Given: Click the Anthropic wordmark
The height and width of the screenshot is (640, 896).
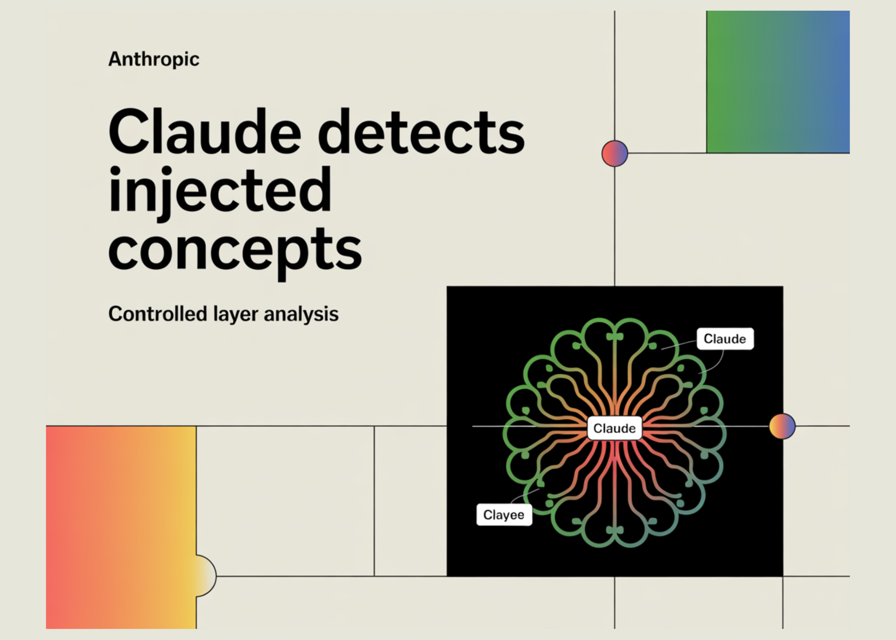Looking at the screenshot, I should coord(154,59).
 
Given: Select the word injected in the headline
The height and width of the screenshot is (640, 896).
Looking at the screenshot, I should coord(220,191).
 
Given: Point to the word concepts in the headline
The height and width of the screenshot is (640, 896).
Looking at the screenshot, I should coord(235,250).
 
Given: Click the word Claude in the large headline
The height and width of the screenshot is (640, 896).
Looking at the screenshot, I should coord(205,132).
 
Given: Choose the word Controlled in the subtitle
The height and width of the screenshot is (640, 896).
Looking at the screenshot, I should coord(158,314).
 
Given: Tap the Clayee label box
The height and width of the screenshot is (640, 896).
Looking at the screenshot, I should coord(504,515).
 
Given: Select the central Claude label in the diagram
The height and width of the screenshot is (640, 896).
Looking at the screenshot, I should coord(614,428).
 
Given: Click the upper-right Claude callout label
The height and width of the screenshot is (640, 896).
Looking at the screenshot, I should coord(725,339).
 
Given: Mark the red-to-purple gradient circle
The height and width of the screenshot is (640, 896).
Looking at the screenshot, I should coord(615,154).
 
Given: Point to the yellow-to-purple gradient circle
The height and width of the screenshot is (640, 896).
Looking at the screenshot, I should coord(782,426).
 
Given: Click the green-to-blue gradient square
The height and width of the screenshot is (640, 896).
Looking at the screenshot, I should coord(778,82).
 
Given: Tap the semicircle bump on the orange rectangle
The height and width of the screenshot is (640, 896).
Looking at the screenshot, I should coord(206,576).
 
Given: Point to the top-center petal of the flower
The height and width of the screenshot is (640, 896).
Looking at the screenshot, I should coord(615,332).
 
